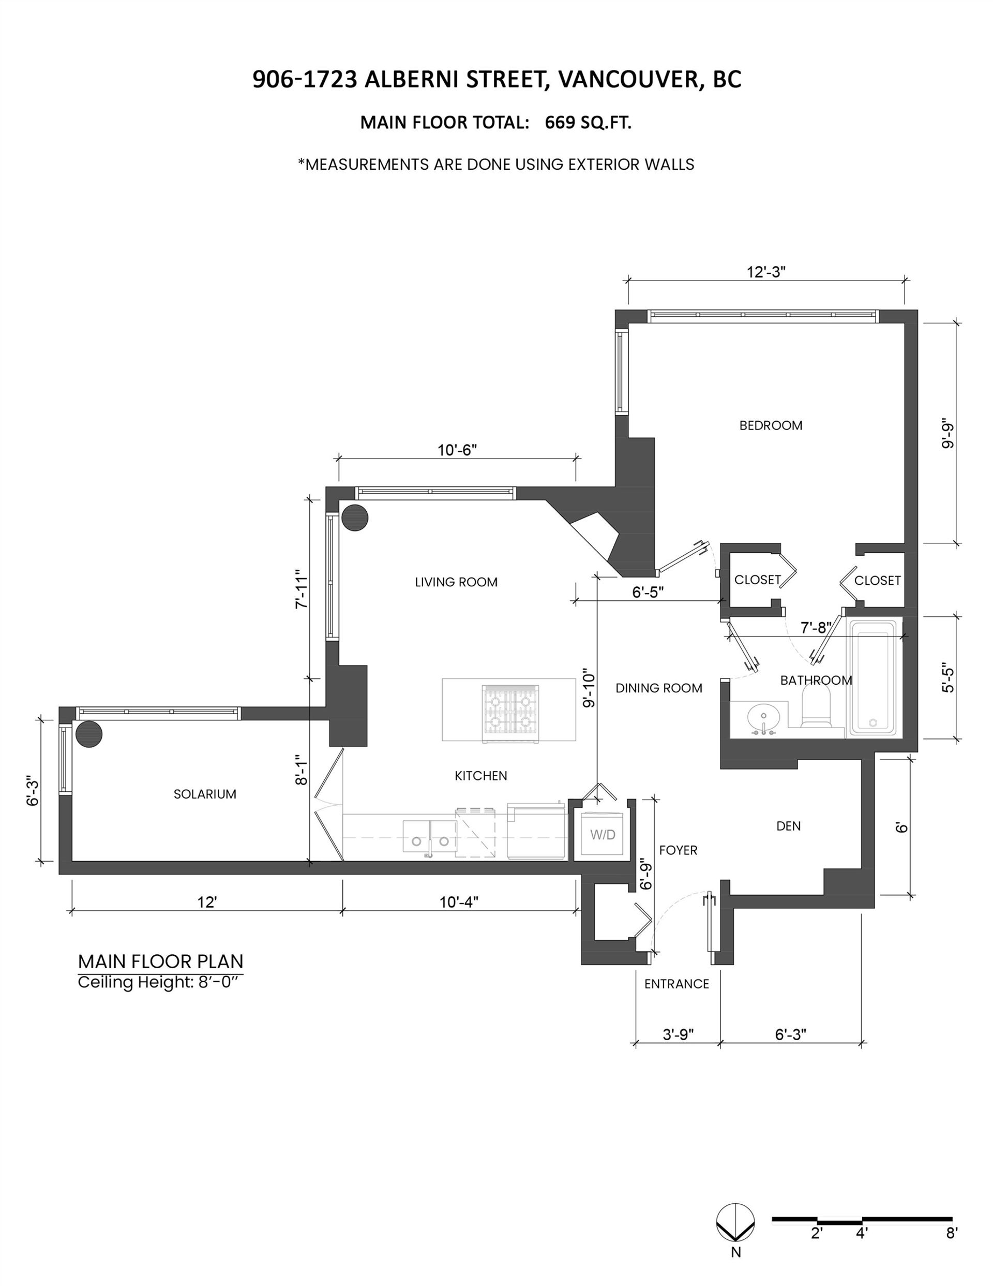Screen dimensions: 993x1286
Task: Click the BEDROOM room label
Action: pos(771,425)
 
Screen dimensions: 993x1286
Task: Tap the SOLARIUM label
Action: pos(205,794)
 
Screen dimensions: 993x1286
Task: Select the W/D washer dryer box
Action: pos(602,834)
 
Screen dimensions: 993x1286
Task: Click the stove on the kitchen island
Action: pos(510,713)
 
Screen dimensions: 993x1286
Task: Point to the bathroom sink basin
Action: pos(763,718)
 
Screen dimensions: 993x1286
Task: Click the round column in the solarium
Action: pos(89,734)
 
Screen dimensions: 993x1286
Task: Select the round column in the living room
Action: pos(355,518)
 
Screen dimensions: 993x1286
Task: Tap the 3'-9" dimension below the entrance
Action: pos(678,1034)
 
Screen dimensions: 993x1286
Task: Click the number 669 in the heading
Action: pos(562,123)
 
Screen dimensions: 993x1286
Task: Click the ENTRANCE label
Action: pos(676,984)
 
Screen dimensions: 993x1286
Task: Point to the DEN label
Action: pos(788,826)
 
